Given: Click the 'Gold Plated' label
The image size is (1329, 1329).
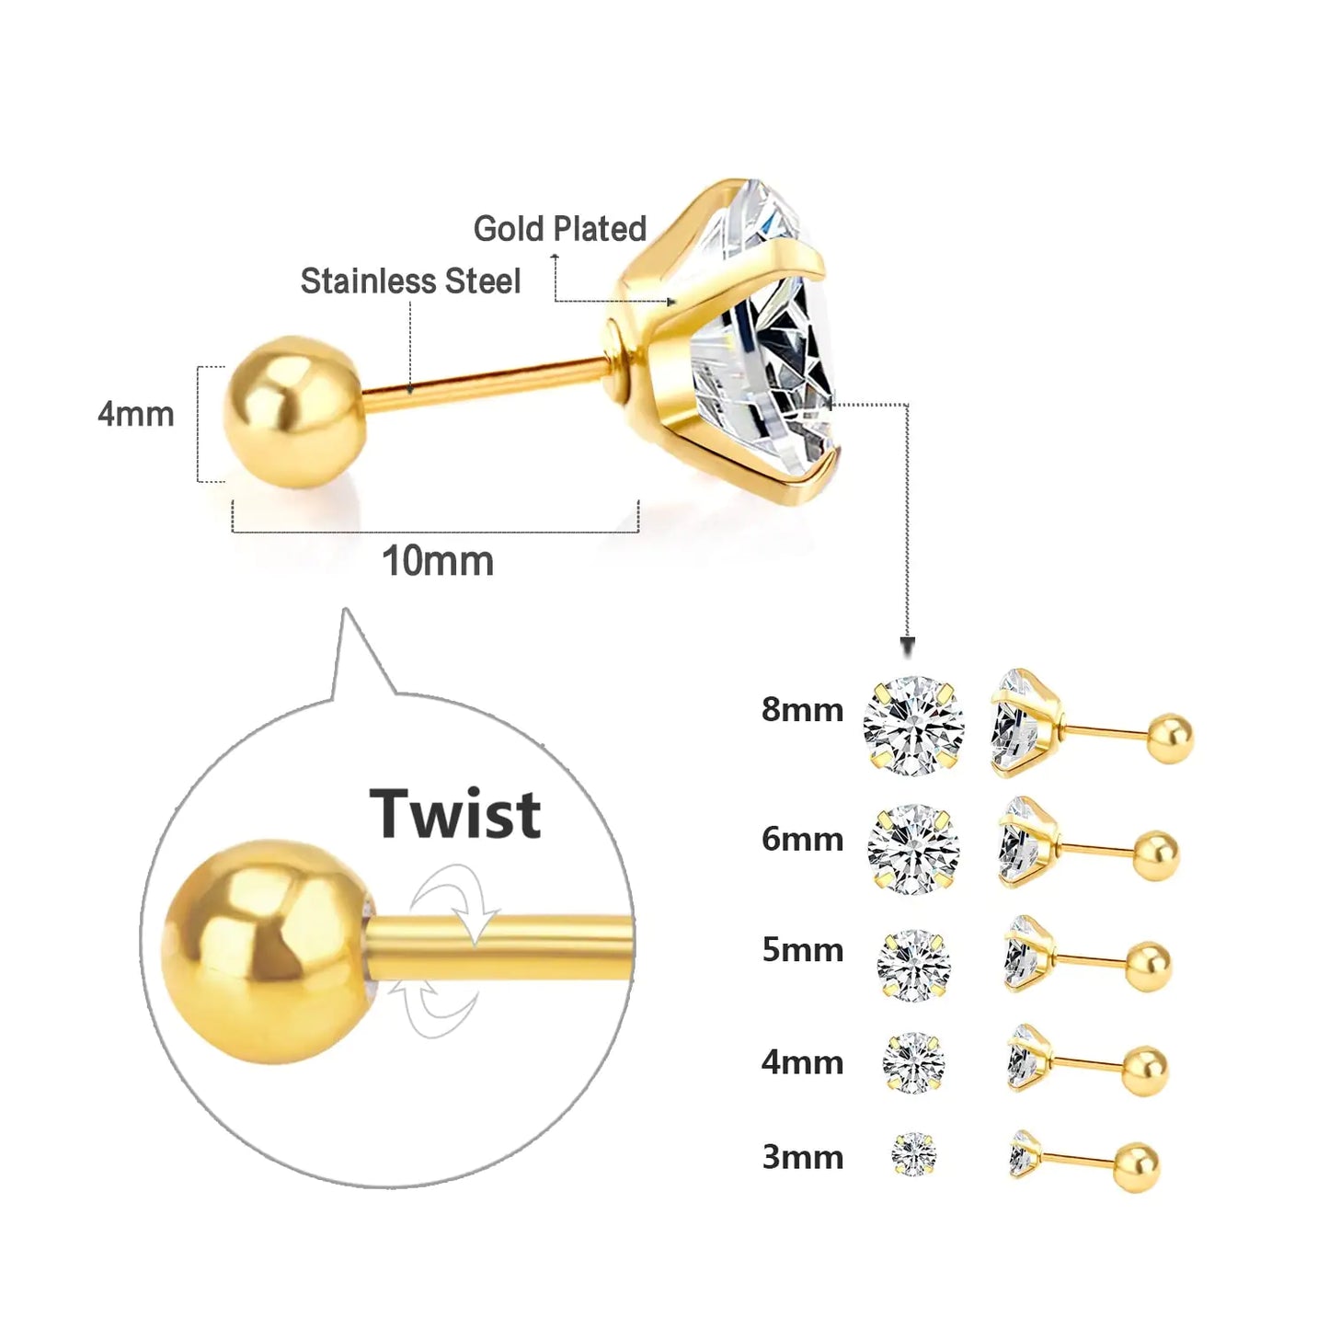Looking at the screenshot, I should [560, 229].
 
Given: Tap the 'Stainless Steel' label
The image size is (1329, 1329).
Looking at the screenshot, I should [410, 281].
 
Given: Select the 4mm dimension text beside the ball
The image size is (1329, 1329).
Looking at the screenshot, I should [136, 415].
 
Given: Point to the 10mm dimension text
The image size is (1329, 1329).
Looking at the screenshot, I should [438, 561].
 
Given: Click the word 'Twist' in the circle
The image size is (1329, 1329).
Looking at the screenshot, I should [455, 815].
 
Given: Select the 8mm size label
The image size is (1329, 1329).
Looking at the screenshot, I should [802, 710].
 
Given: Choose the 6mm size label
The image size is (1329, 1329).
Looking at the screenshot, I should [802, 839].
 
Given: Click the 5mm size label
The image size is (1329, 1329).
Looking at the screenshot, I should [802, 949].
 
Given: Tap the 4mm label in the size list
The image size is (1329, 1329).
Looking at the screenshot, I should [802, 1062].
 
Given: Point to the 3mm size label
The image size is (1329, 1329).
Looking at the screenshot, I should [802, 1157].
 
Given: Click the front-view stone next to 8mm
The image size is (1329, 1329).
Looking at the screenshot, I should [913, 726].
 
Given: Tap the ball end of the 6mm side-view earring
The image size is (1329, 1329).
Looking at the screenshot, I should [1155, 855].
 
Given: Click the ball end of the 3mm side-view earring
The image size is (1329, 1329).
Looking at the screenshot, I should [1137, 1166].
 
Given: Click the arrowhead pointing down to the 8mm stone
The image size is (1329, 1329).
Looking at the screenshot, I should [908, 647].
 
